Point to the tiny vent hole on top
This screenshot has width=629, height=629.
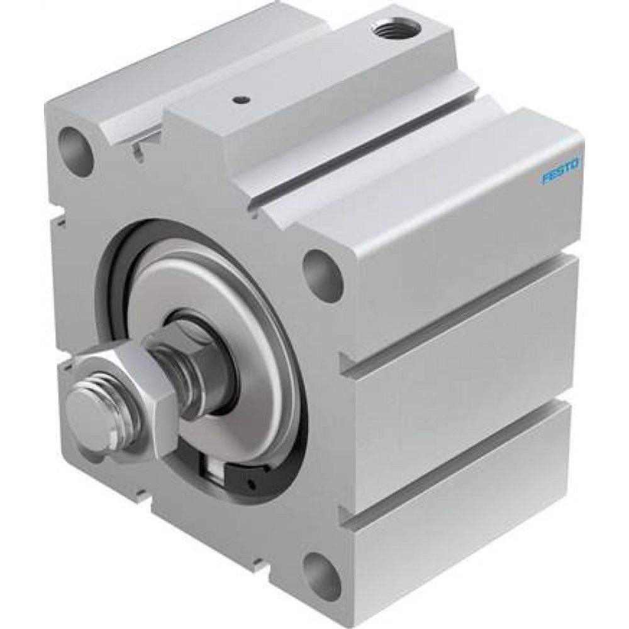240,99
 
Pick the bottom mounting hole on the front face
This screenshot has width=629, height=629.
318,574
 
